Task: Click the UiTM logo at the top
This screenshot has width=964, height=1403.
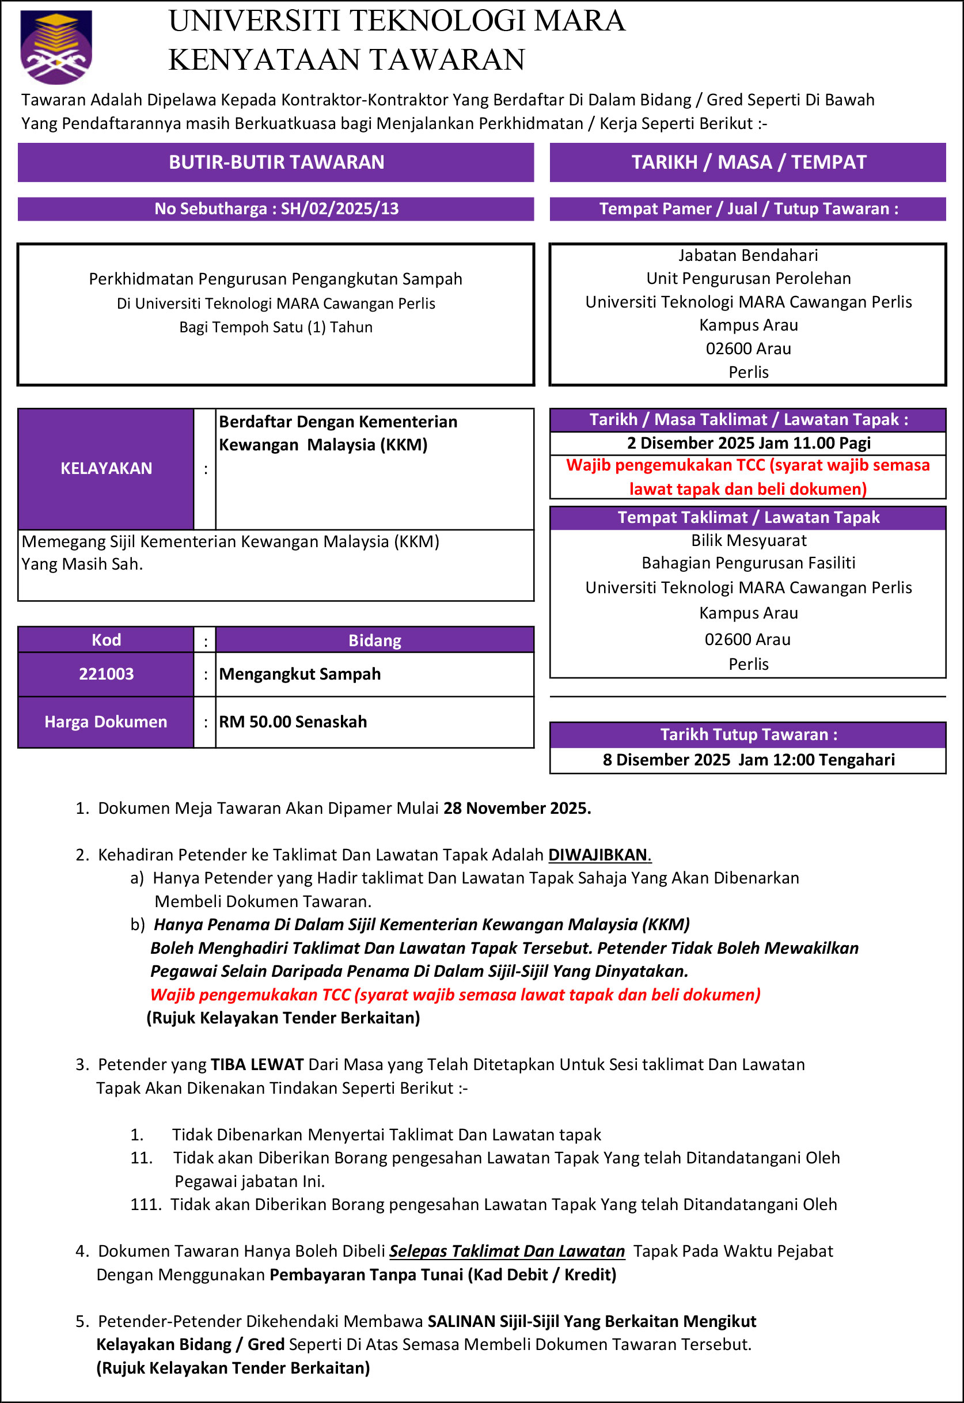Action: [x=56, y=47]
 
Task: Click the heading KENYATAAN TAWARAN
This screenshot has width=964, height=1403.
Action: [x=347, y=60]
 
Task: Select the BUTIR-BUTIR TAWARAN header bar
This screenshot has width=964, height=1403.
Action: [x=276, y=162]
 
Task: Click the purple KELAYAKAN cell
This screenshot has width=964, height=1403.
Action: [x=107, y=469]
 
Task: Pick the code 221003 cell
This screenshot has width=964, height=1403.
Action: [x=107, y=674]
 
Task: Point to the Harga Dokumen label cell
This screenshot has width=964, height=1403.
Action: [x=106, y=722]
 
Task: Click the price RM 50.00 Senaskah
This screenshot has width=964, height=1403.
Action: [x=293, y=722]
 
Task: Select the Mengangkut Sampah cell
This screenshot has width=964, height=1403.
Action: [x=299, y=674]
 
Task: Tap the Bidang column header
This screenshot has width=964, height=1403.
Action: [x=374, y=640]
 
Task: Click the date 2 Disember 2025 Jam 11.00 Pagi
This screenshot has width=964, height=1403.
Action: [x=749, y=443]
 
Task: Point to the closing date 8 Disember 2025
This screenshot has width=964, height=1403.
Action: [x=666, y=760]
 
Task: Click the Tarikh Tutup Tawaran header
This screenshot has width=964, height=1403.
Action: [x=749, y=734]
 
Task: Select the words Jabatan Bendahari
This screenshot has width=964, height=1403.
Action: [x=749, y=256]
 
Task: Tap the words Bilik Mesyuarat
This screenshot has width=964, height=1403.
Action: [x=749, y=541]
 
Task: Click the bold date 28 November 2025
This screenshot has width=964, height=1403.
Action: [x=517, y=808]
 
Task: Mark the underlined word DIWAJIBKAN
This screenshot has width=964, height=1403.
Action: [x=598, y=855]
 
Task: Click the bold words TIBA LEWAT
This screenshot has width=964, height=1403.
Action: [x=257, y=1064]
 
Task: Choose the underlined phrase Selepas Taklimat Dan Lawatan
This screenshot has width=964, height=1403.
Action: [x=507, y=1251]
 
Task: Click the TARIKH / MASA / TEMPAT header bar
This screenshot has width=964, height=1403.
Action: [x=749, y=162]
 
